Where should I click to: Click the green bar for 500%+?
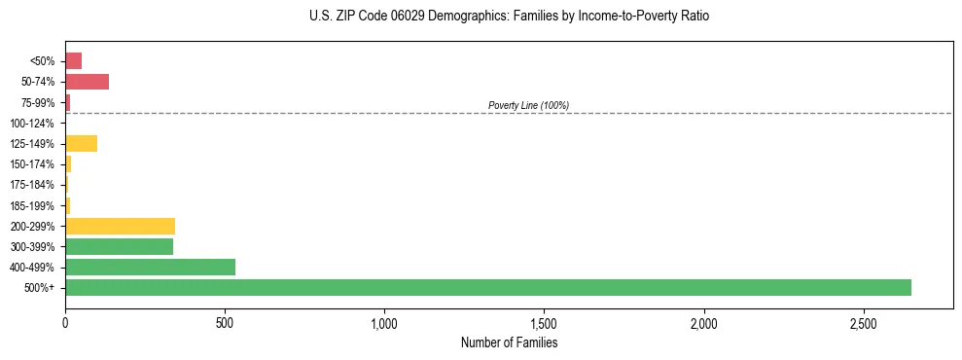click(x=487, y=287)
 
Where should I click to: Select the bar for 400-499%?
click(x=150, y=267)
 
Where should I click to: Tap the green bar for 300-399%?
click(x=119, y=246)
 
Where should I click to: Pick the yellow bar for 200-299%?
click(x=120, y=226)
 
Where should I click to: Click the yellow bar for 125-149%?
click(x=81, y=144)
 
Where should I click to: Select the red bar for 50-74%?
click(x=87, y=82)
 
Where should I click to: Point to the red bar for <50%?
click(x=73, y=61)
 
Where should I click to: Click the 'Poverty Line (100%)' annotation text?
click(x=528, y=105)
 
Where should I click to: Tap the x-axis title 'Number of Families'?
click(x=509, y=342)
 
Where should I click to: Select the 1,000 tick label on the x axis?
click(x=384, y=322)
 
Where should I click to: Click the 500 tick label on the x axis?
click(x=225, y=322)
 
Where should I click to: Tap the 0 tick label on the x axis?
click(x=65, y=322)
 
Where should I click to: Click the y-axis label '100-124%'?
click(x=32, y=124)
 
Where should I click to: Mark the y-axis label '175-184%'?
click(x=32, y=185)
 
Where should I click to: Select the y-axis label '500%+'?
click(x=38, y=288)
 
